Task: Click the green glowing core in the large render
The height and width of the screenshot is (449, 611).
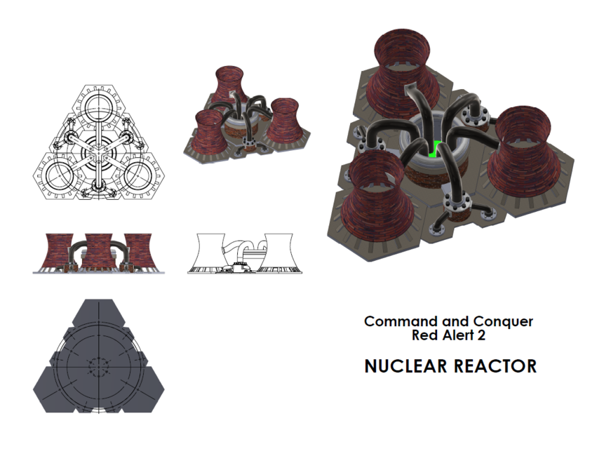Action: [435, 149]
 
